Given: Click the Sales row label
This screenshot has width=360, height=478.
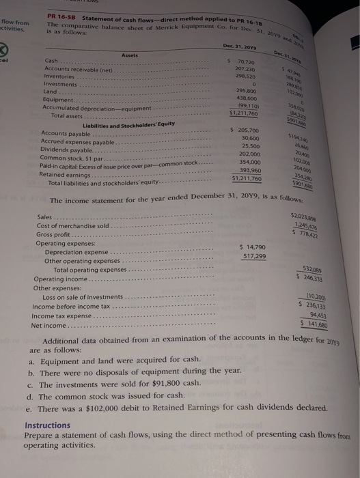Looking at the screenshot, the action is tap(46, 217).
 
